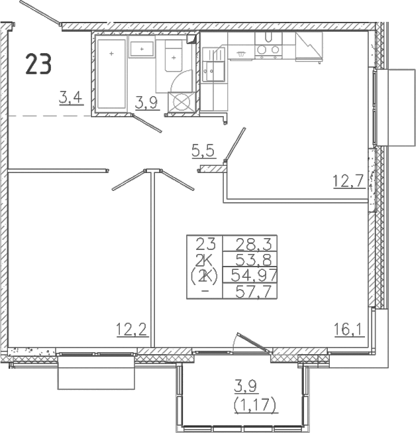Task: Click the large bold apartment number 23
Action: pyautogui.click(x=38, y=64)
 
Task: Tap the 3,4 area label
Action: pyautogui.click(x=71, y=98)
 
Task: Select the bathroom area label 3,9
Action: pyautogui.click(x=146, y=103)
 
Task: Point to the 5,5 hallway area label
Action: pyautogui.click(x=203, y=151)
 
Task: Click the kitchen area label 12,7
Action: pyautogui.click(x=350, y=182)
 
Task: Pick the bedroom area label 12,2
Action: pyautogui.click(x=132, y=330)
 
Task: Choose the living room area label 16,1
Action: pyautogui.click(x=349, y=330)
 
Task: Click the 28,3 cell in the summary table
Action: pyautogui.click(x=250, y=243)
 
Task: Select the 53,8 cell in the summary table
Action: pyautogui.click(x=250, y=259)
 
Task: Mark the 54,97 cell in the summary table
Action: pyautogui.click(x=250, y=275)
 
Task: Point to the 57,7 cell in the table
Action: pyautogui.click(x=250, y=291)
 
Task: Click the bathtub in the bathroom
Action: pyautogui.click(x=111, y=74)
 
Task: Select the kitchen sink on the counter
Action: pyautogui.click(x=213, y=64)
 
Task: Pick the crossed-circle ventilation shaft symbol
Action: pyautogui.click(x=182, y=101)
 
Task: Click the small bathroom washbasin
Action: pyautogui.click(x=142, y=50)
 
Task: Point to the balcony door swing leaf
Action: pyautogui.click(x=253, y=342)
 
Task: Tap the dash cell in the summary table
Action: pyautogui.click(x=205, y=291)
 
